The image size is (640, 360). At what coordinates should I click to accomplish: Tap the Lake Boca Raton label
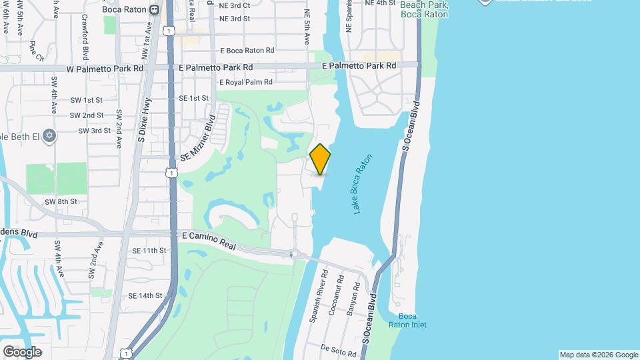tap(361, 184)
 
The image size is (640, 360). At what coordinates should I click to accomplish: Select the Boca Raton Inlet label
tap(412, 320)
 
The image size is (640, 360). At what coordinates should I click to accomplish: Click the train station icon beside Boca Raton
tap(155, 9)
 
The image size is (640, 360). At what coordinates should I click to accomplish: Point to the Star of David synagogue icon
tap(48, 136)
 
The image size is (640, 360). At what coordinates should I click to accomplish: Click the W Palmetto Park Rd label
tap(105, 68)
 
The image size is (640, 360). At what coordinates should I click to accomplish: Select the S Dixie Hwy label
tap(142, 121)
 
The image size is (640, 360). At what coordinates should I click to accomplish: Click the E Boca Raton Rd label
tap(247, 51)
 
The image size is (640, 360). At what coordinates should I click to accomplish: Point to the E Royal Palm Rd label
tap(246, 82)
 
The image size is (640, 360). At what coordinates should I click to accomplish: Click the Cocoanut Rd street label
tap(338, 295)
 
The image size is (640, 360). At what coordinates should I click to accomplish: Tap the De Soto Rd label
tap(335, 348)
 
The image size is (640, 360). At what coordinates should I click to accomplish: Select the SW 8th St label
tap(61, 201)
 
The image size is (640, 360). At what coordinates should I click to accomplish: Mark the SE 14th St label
tap(145, 295)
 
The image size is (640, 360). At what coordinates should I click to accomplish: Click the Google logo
tap(22, 351)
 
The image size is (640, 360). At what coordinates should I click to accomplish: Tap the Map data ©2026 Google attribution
tap(598, 355)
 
